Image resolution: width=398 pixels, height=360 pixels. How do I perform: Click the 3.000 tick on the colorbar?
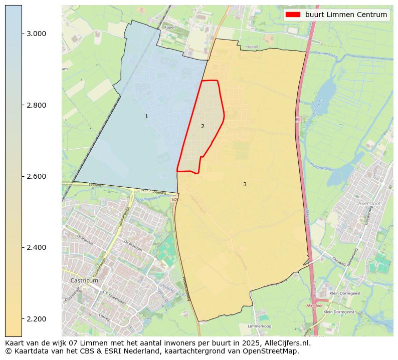36,34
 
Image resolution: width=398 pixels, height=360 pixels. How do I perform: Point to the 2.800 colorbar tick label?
36,105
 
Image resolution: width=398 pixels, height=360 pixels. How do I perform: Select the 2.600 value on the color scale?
36,176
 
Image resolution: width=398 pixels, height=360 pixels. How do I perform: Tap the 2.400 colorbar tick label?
36,247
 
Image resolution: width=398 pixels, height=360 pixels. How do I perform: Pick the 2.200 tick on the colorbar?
36,319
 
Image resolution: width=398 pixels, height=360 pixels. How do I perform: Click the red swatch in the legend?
293,15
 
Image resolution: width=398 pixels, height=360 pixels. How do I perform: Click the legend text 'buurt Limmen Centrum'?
346,15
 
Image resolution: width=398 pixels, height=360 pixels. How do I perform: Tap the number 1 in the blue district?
146,116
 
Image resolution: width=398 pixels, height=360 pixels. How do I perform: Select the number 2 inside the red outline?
203,126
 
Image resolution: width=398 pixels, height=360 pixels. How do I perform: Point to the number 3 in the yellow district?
245,184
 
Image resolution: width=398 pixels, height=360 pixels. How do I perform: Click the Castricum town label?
84,280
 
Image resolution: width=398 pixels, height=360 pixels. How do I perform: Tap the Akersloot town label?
370,204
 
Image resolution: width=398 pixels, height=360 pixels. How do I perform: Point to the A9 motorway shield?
297,120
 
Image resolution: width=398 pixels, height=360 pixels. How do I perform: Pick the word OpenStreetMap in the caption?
274,351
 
